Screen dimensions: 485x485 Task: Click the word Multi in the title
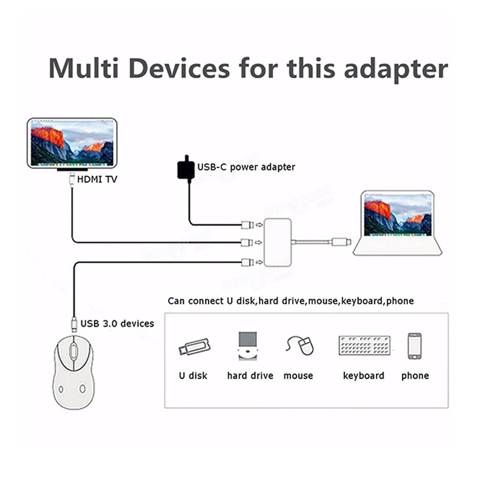84,68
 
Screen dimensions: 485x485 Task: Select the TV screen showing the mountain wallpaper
72,143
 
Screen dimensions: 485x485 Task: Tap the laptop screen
398,215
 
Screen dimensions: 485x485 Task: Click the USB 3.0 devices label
117,323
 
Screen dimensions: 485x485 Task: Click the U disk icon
194,347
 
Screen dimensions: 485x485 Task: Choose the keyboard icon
363,346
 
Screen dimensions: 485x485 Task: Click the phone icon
415,346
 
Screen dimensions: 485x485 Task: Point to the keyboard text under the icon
363,376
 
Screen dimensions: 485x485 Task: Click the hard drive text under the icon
250,376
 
